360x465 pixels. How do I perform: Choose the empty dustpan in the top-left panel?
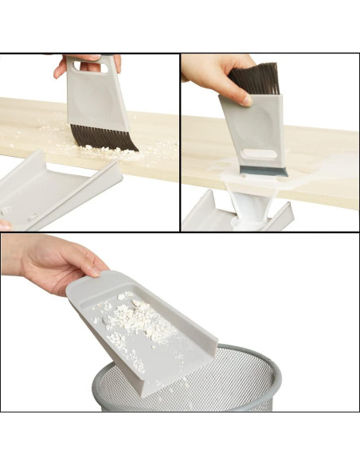coord(56,187)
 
